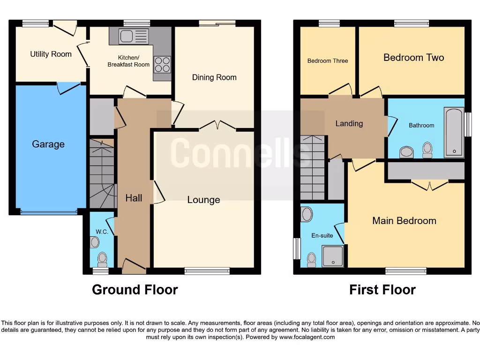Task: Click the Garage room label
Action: click(x=48, y=144)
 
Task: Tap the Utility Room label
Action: click(x=51, y=54)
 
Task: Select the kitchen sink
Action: click(x=127, y=36)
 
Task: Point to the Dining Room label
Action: click(x=214, y=77)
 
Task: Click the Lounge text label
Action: click(x=203, y=200)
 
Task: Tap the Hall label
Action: click(x=134, y=198)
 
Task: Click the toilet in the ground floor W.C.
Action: click(x=102, y=258)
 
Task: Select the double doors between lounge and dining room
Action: click(x=217, y=125)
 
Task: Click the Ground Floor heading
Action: click(x=135, y=290)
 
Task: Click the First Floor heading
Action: click(x=382, y=290)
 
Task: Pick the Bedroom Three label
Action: click(x=328, y=61)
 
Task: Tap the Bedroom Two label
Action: click(x=413, y=58)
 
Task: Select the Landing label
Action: click(x=349, y=124)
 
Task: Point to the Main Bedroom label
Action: click(x=404, y=221)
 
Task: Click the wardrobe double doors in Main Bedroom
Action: click(x=430, y=186)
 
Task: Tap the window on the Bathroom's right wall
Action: click(x=468, y=124)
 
